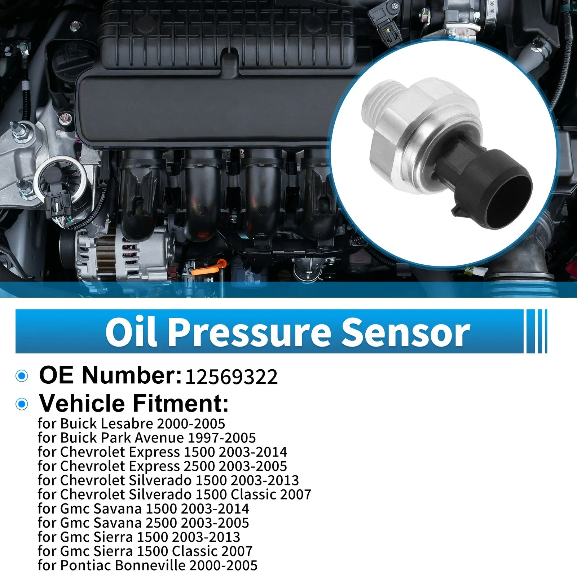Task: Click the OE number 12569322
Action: coord(231,377)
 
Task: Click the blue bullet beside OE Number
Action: coord(22,376)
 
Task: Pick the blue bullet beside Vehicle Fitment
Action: coord(22,404)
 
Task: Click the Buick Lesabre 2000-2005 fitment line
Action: coord(131,424)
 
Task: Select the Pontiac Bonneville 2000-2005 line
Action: coord(147,565)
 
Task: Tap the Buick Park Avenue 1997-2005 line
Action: coord(146,438)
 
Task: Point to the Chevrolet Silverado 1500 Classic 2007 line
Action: coord(174,494)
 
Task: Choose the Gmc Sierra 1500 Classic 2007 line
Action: coord(145,551)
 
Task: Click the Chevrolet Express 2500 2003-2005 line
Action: coord(162,466)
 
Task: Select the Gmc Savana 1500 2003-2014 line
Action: coord(143,508)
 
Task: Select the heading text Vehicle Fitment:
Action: coord(134,403)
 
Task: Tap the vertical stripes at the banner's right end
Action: coord(537,331)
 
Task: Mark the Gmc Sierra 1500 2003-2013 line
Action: coord(139,537)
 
